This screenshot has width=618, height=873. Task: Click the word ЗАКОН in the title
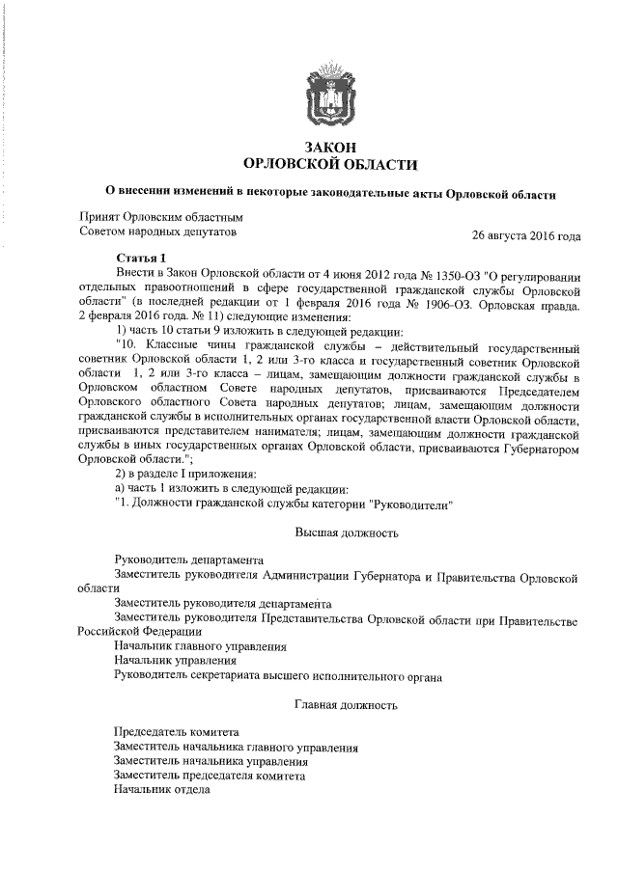(330, 146)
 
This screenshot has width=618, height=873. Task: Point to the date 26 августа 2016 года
(525, 235)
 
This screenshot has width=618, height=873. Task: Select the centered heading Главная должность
(346, 706)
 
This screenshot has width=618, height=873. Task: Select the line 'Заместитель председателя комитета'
(210, 776)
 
